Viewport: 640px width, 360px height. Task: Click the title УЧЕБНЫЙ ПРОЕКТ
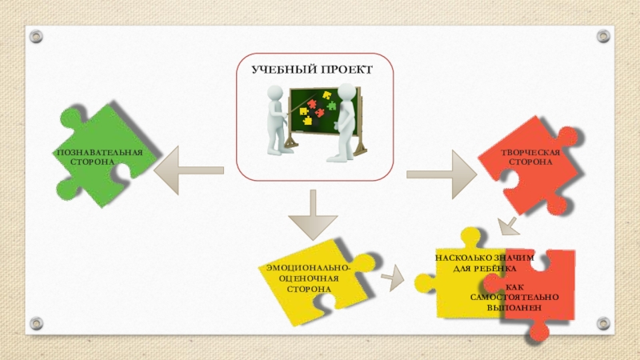(312, 70)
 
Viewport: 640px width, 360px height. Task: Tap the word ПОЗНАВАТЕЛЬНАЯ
(99, 152)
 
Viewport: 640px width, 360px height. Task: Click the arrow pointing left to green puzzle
(187, 170)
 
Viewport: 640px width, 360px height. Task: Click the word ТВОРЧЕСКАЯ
(530, 151)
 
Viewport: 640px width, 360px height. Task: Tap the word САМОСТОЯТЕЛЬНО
(514, 298)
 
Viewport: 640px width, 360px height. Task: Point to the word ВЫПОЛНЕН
(514, 307)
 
